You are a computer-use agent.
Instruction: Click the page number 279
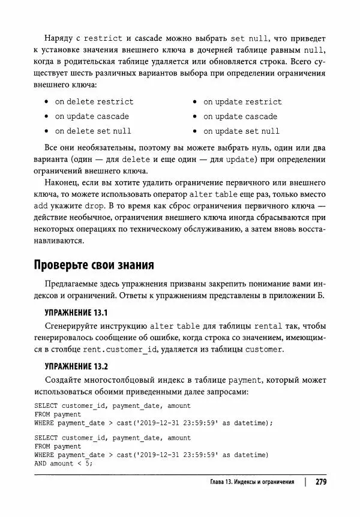click(320, 482)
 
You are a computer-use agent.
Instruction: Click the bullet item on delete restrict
click(94, 101)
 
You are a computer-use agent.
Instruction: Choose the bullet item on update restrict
click(242, 101)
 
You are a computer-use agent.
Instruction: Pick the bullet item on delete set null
click(93, 130)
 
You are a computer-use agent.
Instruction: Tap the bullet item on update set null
click(241, 130)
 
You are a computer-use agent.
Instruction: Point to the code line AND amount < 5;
click(64, 463)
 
